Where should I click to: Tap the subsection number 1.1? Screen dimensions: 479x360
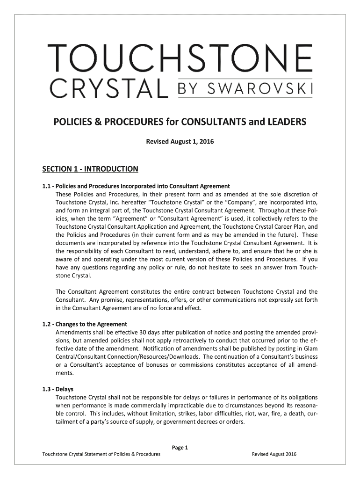pos(46,186)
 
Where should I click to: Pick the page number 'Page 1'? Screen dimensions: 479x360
pos(180,448)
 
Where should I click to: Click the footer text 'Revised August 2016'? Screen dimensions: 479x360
pos(274,454)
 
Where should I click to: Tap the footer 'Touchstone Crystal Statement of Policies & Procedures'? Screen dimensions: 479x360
pos(101,454)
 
